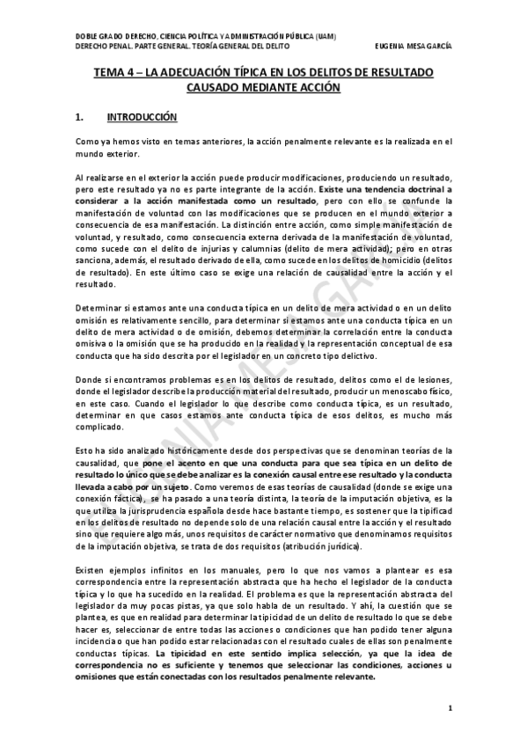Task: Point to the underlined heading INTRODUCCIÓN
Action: coord(142,117)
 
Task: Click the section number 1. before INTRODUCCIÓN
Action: coord(80,117)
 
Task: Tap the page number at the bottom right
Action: coord(449,708)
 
